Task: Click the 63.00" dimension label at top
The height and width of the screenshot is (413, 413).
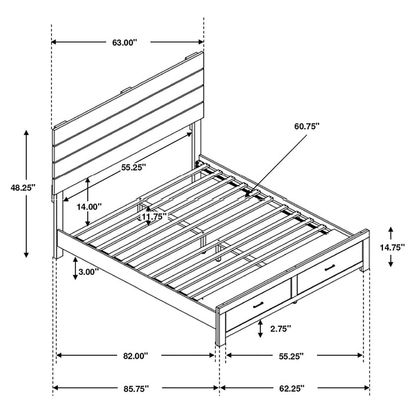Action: (x=124, y=42)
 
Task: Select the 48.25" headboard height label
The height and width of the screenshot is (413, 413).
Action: (x=23, y=187)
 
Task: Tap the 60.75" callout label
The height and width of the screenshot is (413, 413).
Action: (x=306, y=126)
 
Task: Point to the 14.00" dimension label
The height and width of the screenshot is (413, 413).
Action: (x=89, y=206)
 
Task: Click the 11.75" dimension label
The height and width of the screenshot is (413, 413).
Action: (x=152, y=217)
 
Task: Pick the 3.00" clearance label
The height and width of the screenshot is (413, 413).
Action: (x=88, y=272)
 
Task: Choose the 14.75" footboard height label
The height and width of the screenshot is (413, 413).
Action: (x=392, y=247)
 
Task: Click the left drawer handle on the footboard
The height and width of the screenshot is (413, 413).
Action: (x=258, y=305)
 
